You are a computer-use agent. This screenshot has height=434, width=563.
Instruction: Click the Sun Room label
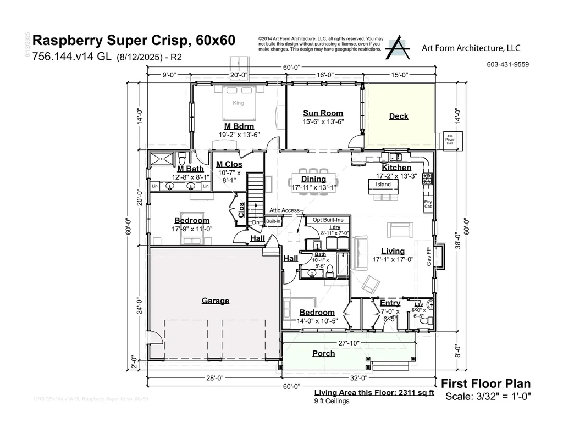tap(323, 113)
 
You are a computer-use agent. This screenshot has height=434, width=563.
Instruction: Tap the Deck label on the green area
tap(399, 116)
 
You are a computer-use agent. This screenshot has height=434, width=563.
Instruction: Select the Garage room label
tap(216, 301)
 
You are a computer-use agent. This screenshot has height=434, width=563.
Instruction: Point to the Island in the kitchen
tap(383, 185)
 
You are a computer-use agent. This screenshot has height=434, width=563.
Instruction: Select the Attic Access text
tap(284, 210)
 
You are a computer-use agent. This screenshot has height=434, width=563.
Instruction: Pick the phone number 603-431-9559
tap(507, 64)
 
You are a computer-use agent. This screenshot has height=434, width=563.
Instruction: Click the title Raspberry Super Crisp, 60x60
tap(134, 41)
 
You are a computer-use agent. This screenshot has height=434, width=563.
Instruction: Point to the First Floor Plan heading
tap(486, 383)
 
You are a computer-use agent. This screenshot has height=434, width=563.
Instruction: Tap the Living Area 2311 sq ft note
tap(374, 393)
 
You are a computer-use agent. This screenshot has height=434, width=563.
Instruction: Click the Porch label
tap(323, 353)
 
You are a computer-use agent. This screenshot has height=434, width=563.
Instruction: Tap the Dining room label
tap(313, 179)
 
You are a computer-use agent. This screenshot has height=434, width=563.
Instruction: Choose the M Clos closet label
tap(229, 164)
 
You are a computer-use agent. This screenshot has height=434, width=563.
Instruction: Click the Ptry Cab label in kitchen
tap(428, 204)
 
